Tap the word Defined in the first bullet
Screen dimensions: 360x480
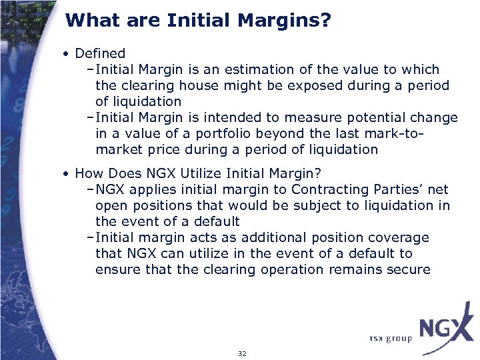coord(100,53)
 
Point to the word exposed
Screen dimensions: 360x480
coord(337,85)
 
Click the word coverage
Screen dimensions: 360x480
coord(402,238)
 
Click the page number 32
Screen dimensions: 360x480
coord(242,353)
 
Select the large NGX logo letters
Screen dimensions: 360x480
coord(445,329)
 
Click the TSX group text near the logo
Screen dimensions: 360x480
coord(390,339)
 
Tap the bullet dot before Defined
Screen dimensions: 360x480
coord(67,53)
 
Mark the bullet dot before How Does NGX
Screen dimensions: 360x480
coord(67,174)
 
